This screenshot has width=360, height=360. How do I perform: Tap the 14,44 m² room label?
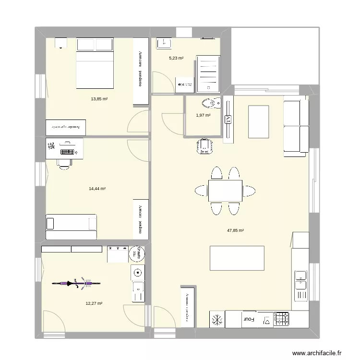[x=97, y=189]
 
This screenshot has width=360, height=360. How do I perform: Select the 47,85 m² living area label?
[x=235, y=230]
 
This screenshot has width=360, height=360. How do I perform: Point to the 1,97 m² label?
[x=203, y=115]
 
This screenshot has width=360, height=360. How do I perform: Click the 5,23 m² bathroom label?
[x=176, y=58]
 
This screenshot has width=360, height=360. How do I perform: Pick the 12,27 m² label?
[x=94, y=303]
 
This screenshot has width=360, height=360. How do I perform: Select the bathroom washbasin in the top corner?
[x=165, y=42]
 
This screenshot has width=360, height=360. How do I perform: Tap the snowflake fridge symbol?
[x=217, y=319]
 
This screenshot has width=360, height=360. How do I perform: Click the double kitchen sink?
[x=300, y=279]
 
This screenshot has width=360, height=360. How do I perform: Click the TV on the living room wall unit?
[x=228, y=119]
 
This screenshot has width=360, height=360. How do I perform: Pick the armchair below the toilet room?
[x=205, y=146]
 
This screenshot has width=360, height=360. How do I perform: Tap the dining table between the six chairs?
[x=225, y=191]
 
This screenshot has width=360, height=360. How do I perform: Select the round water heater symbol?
[x=138, y=272]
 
